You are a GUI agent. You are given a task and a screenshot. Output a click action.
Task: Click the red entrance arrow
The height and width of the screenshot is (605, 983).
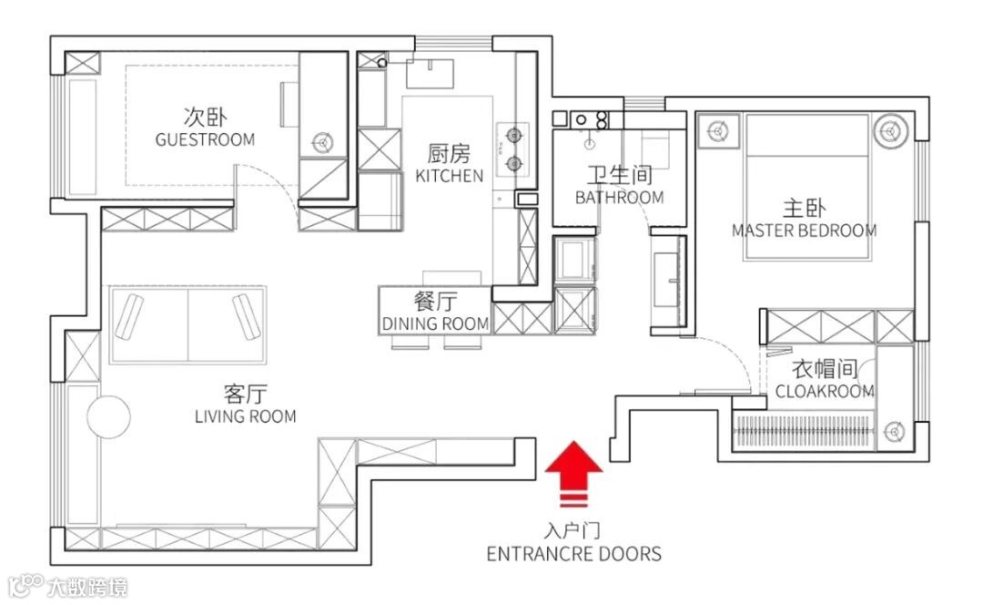coord(573,474)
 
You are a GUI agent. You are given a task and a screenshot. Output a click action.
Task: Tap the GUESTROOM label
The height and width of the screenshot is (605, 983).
coord(205,139)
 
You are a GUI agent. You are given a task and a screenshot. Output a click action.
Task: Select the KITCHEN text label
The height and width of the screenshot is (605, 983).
coord(450,176)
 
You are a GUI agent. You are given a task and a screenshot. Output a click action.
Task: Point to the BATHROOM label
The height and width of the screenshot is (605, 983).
coord(620,198)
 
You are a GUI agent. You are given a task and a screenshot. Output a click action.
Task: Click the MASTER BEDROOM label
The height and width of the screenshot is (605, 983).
coord(805,231)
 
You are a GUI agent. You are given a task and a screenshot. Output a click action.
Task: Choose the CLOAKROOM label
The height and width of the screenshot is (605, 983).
coord(825,392)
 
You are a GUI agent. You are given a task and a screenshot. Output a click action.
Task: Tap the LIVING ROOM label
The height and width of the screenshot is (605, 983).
coord(245,416)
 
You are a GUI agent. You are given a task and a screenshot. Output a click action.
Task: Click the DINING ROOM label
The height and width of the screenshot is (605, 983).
coord(435,323)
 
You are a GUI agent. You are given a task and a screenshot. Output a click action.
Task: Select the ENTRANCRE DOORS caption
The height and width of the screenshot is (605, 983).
coord(573,554)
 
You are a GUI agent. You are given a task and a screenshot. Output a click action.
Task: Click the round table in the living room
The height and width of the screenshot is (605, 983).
coord(108,416)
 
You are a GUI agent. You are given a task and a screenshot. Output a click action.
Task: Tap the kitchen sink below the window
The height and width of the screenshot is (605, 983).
coord(430,74)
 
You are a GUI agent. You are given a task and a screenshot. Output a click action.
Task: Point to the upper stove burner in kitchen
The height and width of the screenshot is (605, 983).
coord(514,134)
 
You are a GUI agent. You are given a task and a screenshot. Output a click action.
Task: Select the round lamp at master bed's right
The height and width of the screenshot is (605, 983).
coord(890,131)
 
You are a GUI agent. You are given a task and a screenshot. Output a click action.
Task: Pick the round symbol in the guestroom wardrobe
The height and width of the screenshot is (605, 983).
coord(322,142)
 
